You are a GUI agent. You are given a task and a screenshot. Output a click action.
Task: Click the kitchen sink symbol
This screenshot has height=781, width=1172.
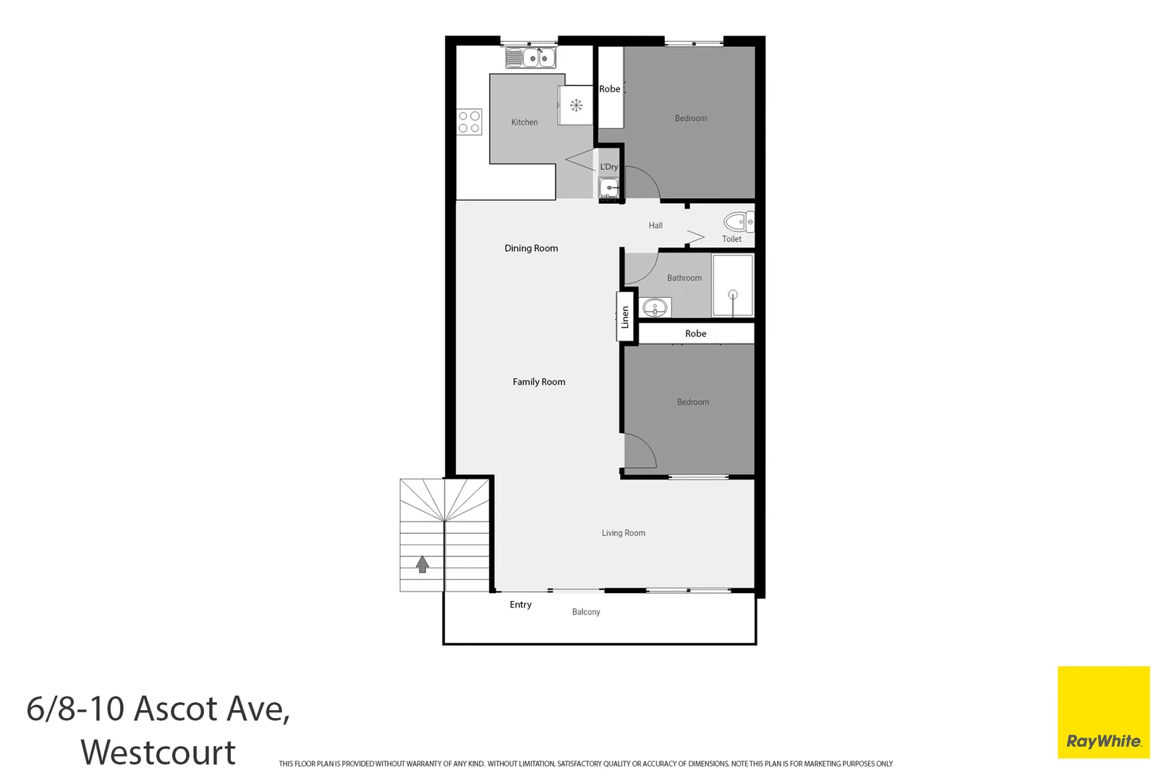click(x=530, y=58)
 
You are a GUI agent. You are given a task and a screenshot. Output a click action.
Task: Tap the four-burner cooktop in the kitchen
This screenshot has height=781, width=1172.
click(x=469, y=122)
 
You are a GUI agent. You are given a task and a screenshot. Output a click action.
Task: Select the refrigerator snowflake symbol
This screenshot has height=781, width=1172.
click(x=577, y=106)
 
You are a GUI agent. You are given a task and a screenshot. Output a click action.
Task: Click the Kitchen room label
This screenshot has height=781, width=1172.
click(x=525, y=122)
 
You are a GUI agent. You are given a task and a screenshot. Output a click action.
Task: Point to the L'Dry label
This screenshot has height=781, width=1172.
click(x=609, y=167)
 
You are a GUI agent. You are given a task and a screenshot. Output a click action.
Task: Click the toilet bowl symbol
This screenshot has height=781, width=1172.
click(x=737, y=221)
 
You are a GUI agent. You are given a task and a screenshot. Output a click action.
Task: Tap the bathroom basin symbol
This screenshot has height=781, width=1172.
click(x=655, y=308)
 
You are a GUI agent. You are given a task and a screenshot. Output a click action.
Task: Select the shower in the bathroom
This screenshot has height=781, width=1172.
click(x=733, y=286)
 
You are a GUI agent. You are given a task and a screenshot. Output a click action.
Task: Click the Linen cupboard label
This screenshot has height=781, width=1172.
click(x=626, y=317)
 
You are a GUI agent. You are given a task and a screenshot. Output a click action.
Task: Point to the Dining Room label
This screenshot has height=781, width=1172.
click(x=531, y=248)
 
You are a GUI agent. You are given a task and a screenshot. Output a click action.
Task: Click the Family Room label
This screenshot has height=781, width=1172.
click(x=539, y=382)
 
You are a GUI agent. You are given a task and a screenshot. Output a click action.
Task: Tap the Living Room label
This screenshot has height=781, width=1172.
click(x=624, y=533)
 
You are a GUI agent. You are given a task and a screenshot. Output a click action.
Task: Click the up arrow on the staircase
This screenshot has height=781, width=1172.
click(x=422, y=564)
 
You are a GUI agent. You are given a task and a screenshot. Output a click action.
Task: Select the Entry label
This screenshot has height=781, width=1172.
click(x=520, y=605)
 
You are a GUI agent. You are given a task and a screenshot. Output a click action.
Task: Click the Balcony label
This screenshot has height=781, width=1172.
click(x=586, y=612)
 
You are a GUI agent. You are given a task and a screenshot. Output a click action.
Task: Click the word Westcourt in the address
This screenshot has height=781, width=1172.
click(x=158, y=752)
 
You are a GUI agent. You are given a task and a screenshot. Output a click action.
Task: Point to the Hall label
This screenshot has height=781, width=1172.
click(x=655, y=226)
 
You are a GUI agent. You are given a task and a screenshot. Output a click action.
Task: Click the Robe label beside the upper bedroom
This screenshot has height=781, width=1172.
click(x=610, y=89)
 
